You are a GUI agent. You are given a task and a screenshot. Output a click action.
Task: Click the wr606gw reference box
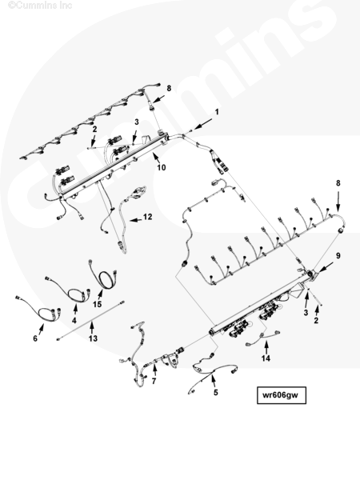click(x=282, y=395)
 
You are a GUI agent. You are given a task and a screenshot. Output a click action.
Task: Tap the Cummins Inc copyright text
click(x=40, y=6)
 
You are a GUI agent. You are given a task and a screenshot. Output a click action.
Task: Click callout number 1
click(x=217, y=112)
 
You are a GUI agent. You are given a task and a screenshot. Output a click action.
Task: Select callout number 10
click(x=161, y=167)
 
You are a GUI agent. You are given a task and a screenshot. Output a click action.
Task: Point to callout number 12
click(x=147, y=217)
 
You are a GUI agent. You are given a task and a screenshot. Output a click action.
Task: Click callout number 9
click(x=338, y=256)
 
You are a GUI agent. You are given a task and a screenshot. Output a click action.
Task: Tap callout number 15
click(x=98, y=304)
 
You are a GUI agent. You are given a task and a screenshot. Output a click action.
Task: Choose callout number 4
click(x=74, y=321)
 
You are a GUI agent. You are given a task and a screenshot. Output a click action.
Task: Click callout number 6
click(x=35, y=338)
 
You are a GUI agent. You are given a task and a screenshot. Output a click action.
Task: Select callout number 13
click(x=93, y=338)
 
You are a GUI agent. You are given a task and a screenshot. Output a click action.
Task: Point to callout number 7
click(x=154, y=381)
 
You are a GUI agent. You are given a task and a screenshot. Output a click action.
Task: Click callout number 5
click(x=216, y=393)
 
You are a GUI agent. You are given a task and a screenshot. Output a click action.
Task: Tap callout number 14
click(x=266, y=358)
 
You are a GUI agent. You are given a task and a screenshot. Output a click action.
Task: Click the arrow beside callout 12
click(x=136, y=220)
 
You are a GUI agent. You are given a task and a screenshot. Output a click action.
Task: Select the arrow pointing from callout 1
click(x=202, y=125)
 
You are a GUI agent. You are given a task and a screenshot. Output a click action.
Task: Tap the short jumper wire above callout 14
click(x=263, y=338)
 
